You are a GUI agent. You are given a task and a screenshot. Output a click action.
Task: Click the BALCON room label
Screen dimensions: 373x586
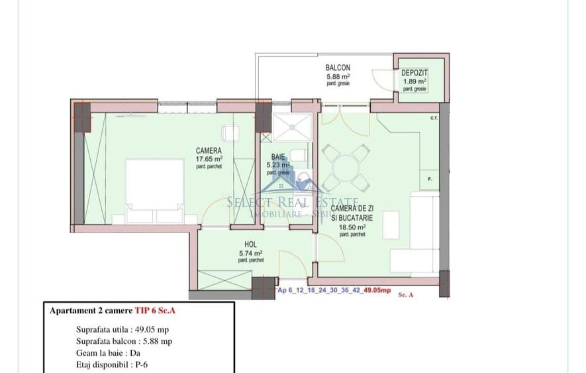click(338, 68)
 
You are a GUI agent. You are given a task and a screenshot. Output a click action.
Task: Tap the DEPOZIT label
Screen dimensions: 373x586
click(415, 72)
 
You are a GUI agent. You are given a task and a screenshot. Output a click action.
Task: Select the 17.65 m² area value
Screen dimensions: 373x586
click(209, 159)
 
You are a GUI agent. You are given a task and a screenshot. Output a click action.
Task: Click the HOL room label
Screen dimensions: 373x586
click(250, 244)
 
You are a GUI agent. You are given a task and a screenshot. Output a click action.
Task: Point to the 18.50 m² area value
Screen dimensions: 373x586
click(352, 227)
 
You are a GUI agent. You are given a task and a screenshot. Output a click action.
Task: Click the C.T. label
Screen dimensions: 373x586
click(434, 119)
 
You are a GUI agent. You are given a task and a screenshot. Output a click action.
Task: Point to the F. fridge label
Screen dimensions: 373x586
click(430, 180)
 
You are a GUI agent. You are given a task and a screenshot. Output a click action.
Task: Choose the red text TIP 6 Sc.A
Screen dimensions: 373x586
click(160, 310)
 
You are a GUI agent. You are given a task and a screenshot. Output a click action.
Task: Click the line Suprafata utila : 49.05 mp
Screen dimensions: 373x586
click(124, 329)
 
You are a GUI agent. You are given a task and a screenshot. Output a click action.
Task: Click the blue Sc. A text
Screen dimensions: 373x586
click(406, 295)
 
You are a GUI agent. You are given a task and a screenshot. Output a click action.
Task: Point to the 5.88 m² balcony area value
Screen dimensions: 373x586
click(338, 76)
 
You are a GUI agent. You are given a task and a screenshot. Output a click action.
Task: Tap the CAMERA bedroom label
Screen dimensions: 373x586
click(209, 150)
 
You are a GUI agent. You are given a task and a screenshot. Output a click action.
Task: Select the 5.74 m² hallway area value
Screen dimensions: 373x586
click(250, 252)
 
